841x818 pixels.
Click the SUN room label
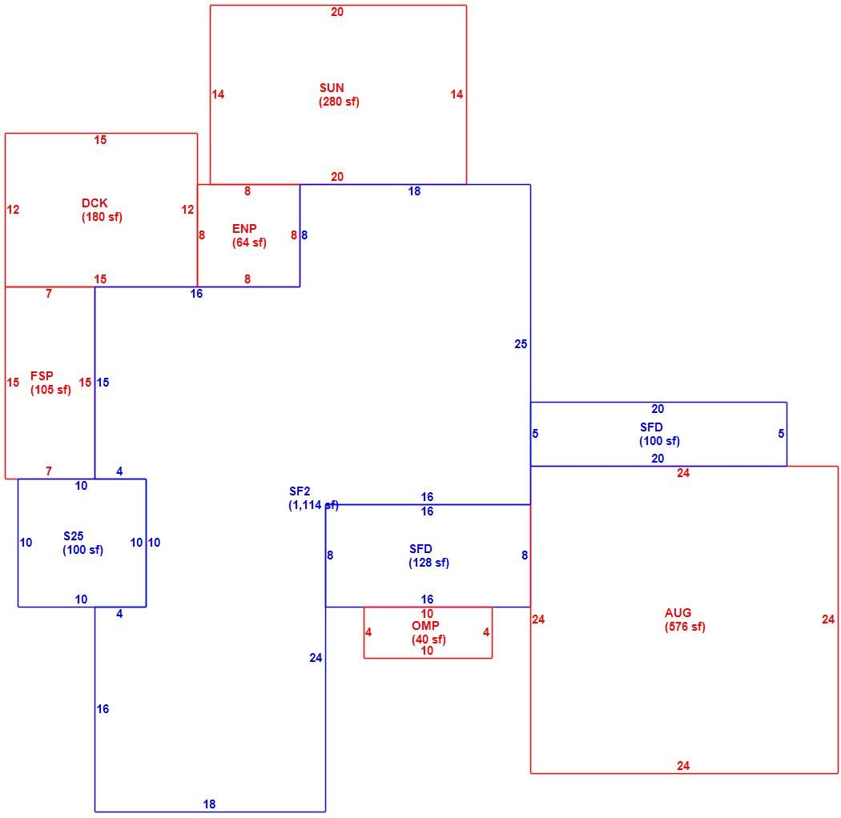coord(332,88)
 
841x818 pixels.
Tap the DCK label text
coord(95,203)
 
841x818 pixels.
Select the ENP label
coord(244,228)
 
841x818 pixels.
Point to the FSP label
coord(42,375)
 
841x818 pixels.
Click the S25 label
coord(73,536)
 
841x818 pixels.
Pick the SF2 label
coord(300,491)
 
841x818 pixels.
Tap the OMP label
coord(425,626)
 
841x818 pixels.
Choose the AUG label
coord(678,612)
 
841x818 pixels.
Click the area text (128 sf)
coord(429,563)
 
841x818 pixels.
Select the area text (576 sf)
coord(685,627)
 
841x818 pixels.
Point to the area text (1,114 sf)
coord(313,505)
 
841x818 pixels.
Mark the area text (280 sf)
coord(339,102)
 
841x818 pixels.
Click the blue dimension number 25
coord(521,344)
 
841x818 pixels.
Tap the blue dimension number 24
coord(316,658)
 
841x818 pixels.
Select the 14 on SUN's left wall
coord(218,94)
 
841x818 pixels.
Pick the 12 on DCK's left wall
coord(13,210)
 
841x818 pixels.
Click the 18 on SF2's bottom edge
coord(209,804)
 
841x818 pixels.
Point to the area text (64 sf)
coord(249,243)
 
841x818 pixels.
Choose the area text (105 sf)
coord(50,390)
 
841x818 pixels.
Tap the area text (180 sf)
coord(102,217)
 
